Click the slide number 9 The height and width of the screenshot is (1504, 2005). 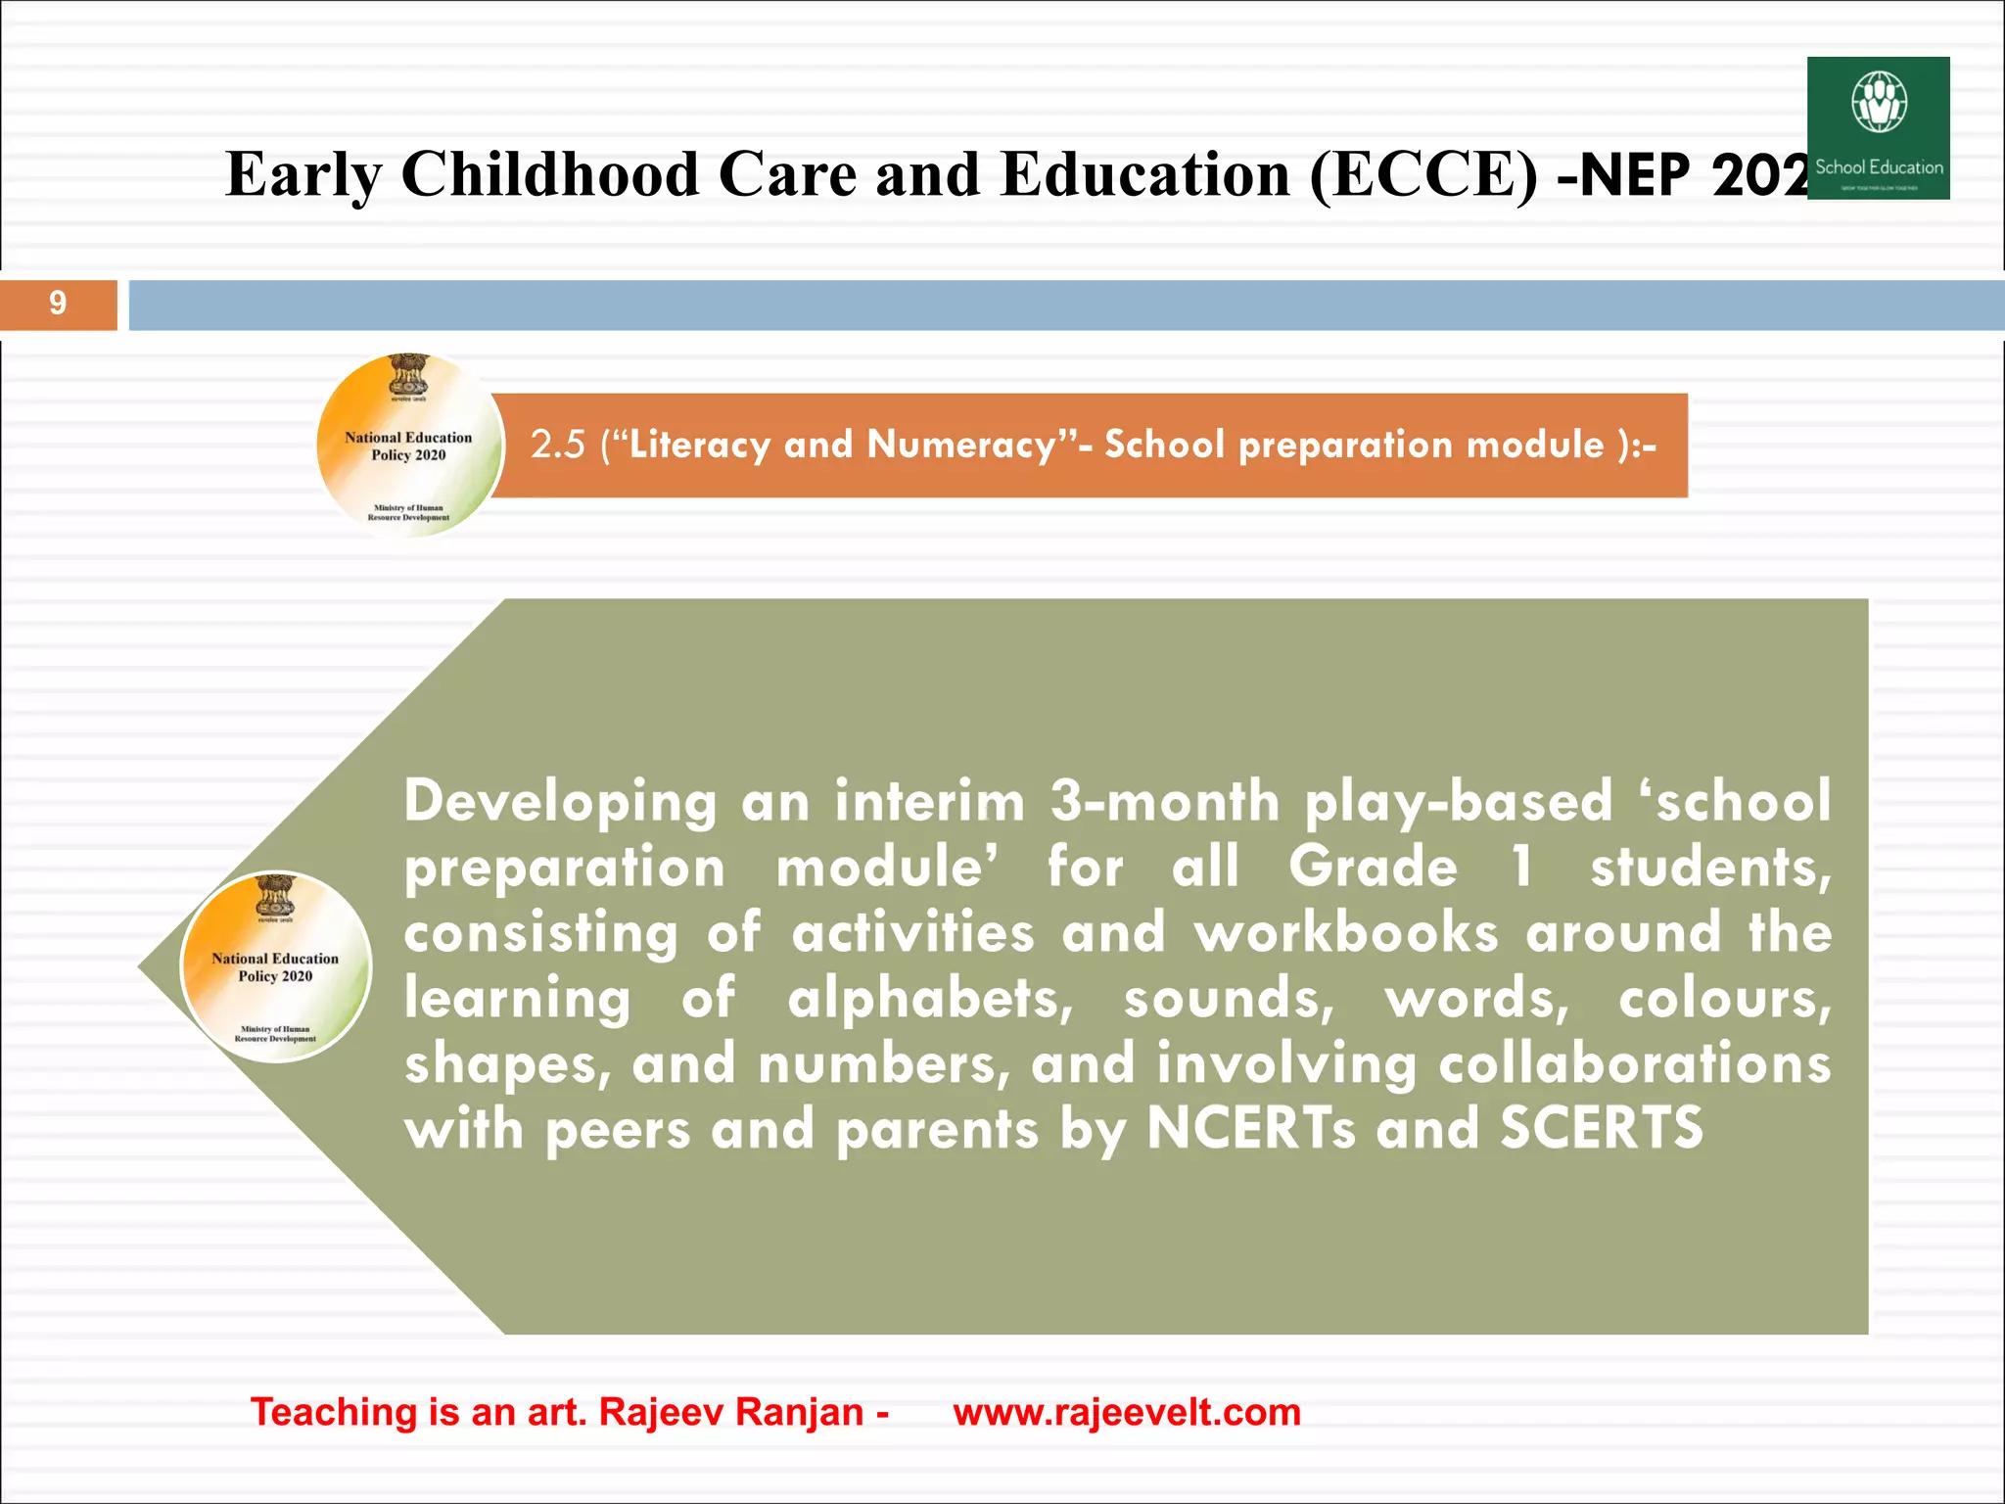58,304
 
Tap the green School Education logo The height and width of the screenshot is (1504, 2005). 1878,128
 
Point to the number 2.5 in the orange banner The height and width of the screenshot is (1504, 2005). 557,446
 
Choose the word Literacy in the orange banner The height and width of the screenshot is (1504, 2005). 699,446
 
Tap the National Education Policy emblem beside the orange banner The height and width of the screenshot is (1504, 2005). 409,446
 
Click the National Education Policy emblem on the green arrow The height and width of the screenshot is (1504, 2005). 276,966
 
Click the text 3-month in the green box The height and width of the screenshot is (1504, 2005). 1164,801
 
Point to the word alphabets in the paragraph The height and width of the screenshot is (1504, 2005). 929,1000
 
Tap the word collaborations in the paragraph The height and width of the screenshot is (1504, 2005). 1634,1064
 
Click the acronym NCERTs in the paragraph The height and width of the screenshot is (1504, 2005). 1250,1129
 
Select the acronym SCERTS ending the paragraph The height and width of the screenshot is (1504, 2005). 1602,1129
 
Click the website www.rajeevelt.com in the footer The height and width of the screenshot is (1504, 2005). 1127,1412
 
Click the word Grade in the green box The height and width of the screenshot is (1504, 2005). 1373,868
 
